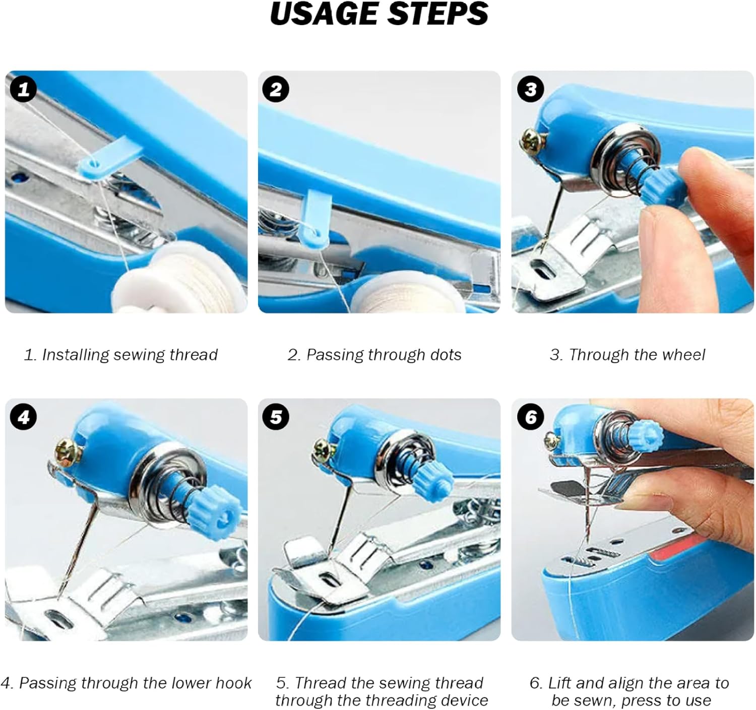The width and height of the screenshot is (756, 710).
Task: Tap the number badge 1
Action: pyautogui.click(x=23, y=90)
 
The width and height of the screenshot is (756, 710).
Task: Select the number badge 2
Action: pyautogui.click(x=276, y=90)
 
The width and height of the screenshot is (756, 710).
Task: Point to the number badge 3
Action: pyautogui.click(x=530, y=90)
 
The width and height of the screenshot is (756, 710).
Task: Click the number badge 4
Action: pyautogui.click(x=23, y=417)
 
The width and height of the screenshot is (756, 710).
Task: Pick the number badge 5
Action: pyautogui.click(x=276, y=417)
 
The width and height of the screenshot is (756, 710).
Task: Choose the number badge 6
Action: pyautogui.click(x=530, y=417)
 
